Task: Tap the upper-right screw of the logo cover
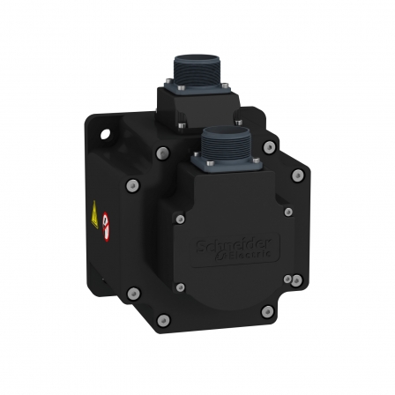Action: pyautogui.click(x=288, y=211)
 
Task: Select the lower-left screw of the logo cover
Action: pyautogui.click(x=181, y=287)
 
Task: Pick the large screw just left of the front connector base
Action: pyautogui.click(x=161, y=153)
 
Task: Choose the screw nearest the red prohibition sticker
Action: pyautogui.click(x=132, y=186)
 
